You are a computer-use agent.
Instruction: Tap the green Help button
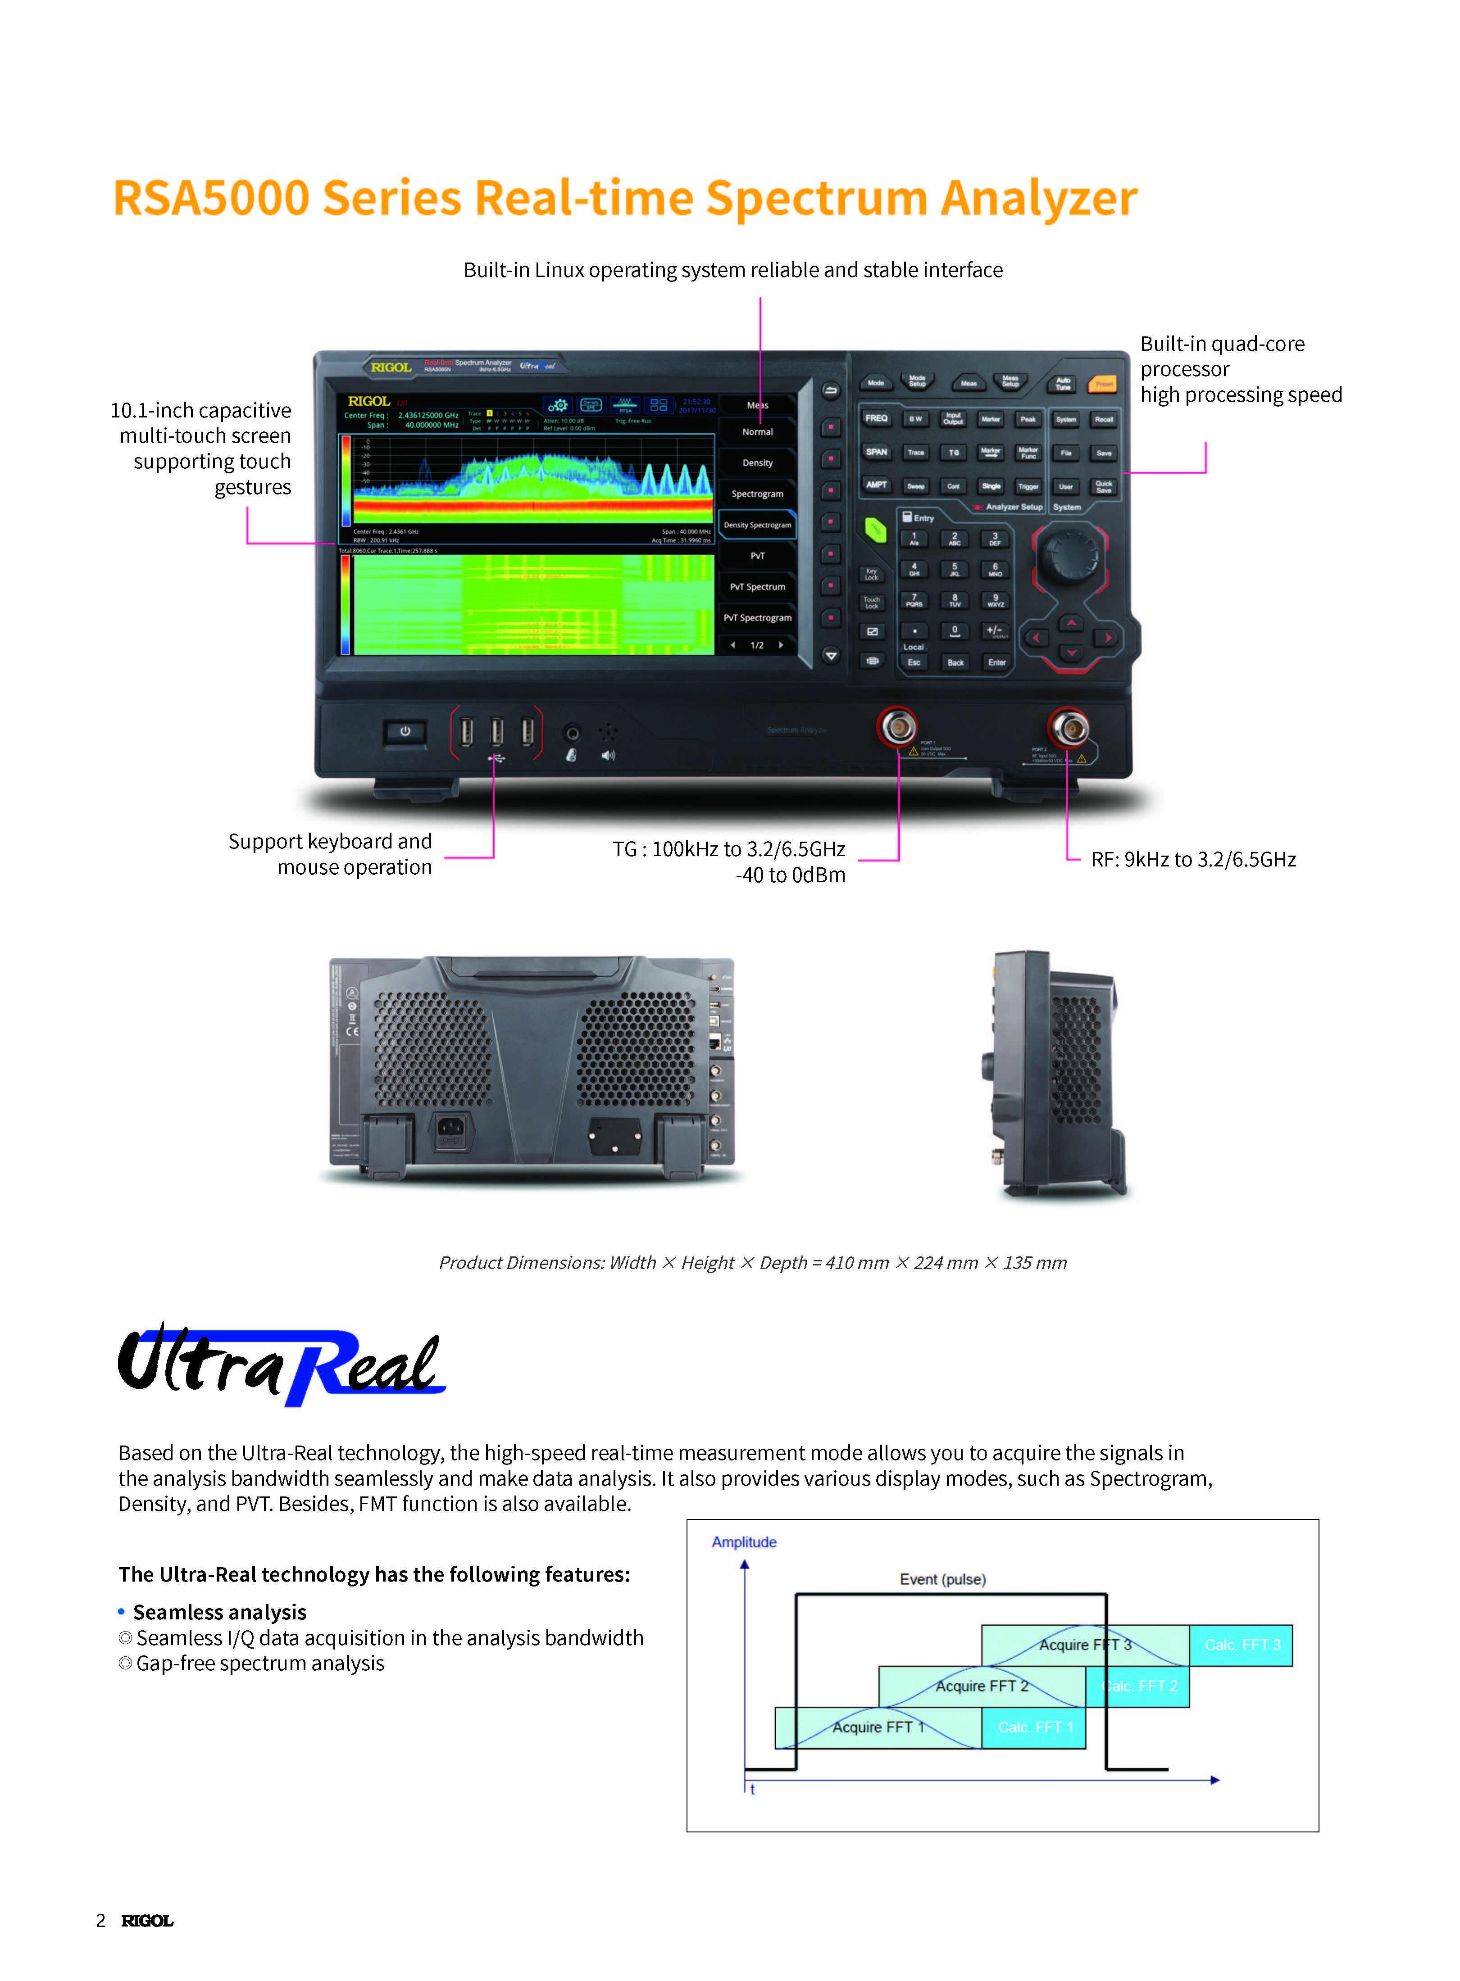click(875, 529)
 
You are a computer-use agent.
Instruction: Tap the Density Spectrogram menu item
click(757, 525)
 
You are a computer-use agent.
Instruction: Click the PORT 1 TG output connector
click(898, 727)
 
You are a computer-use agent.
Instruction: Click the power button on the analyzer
click(405, 732)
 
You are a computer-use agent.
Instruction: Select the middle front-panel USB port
click(497, 732)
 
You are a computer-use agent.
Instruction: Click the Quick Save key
click(1104, 486)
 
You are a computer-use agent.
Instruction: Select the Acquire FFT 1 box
click(878, 1727)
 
